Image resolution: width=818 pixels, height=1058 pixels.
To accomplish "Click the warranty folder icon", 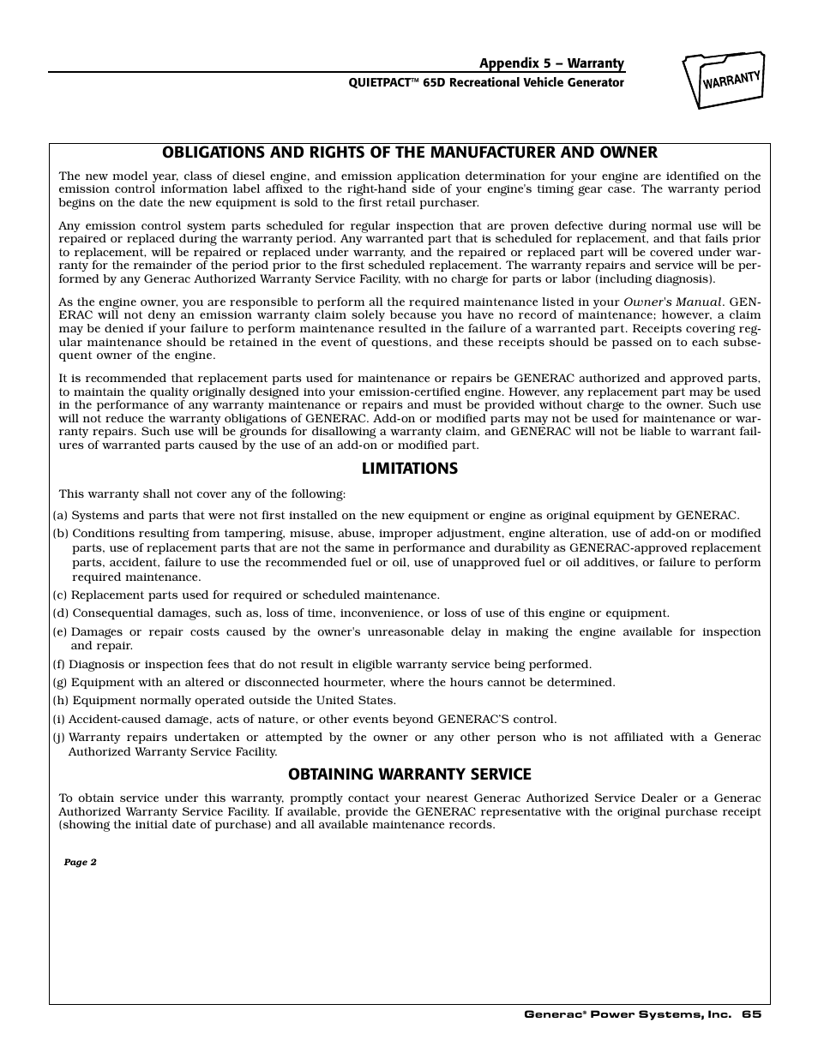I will (x=724, y=81).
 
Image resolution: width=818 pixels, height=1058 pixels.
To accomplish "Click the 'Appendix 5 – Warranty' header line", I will (x=551, y=63).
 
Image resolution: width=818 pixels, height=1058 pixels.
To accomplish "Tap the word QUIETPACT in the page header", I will (x=376, y=83).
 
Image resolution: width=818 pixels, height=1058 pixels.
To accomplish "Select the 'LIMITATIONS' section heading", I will (x=409, y=469).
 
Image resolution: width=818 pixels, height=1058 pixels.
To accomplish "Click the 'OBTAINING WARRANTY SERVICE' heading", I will (x=409, y=774).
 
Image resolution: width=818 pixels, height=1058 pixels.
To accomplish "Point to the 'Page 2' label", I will (x=81, y=863).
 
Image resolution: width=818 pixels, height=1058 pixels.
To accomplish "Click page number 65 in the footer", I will (x=752, y=1014).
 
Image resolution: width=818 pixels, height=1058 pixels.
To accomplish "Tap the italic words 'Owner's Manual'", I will (x=673, y=302).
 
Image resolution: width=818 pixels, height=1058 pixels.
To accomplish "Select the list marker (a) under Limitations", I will (x=60, y=516).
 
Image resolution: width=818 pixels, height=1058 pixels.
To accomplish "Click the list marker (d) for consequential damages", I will (x=61, y=613).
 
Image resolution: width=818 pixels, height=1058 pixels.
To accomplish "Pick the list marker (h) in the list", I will (x=61, y=701).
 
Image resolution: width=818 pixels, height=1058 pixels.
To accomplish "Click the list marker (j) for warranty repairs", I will (x=59, y=738).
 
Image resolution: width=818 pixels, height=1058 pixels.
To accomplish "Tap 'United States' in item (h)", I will (x=359, y=701).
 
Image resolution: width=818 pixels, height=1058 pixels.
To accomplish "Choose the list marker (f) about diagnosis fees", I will (x=59, y=665).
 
